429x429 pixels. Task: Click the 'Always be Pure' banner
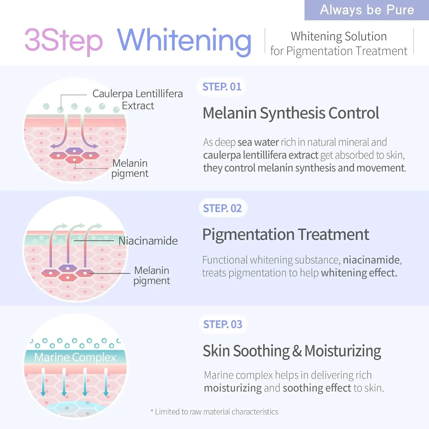(x=367, y=10)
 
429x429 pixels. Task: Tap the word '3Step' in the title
(x=63, y=41)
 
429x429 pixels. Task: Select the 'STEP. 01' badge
(x=222, y=87)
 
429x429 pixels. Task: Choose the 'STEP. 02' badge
(x=223, y=208)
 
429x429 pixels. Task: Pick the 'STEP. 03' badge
(x=223, y=324)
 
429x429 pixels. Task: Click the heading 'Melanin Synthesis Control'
(x=291, y=113)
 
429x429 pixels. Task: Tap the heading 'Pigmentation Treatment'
(x=286, y=235)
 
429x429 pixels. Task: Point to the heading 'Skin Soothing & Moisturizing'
(x=292, y=351)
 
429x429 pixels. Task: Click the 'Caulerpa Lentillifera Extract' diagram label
(x=138, y=100)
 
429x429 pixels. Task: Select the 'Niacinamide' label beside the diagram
(x=148, y=241)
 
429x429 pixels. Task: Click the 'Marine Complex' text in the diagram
(x=75, y=357)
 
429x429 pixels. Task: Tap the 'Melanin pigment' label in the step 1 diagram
(x=130, y=168)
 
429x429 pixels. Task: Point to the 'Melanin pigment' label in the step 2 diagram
(x=152, y=276)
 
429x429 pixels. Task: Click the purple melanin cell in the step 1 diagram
(x=74, y=150)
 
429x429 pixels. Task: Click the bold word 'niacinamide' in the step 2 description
(x=371, y=260)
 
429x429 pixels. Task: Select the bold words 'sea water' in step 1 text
(x=258, y=142)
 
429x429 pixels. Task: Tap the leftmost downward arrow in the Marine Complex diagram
(x=43, y=382)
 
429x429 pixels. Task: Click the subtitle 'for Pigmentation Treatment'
(x=339, y=51)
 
